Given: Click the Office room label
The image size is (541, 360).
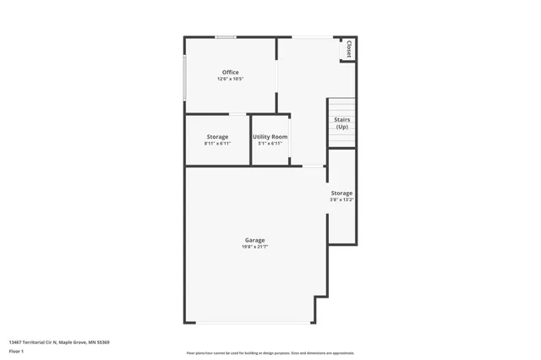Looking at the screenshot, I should coord(230,73).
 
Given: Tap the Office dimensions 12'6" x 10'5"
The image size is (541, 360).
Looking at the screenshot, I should coord(230,79).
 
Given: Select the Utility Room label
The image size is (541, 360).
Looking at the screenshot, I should coord(270,137).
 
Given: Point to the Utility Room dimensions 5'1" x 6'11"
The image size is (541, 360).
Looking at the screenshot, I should coord(270,144).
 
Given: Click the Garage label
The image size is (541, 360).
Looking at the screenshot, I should coord(255,240).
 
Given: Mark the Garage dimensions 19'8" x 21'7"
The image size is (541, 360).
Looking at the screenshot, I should coord(255,247).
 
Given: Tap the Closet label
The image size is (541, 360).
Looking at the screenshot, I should coord(348,49).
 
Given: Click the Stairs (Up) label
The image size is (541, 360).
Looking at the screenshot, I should coord(342,123).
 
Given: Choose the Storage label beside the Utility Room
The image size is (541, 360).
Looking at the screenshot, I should coord(217,137).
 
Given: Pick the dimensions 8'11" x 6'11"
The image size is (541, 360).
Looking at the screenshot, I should coord(217,144).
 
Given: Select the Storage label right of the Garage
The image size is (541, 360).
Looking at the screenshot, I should coord(342,194).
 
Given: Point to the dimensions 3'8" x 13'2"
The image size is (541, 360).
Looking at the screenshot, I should coord(342,200).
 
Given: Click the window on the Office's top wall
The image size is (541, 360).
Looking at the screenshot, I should coord(226,37).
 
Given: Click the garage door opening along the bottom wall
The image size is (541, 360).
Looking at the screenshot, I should coord(254,322).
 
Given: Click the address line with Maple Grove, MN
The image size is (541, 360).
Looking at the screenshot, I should coord(59,342).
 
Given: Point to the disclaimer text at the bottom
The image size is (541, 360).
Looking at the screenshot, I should coord(270,353).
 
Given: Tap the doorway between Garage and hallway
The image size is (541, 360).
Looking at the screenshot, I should coord(314,166).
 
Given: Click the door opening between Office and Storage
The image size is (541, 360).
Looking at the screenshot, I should coord(238,114).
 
